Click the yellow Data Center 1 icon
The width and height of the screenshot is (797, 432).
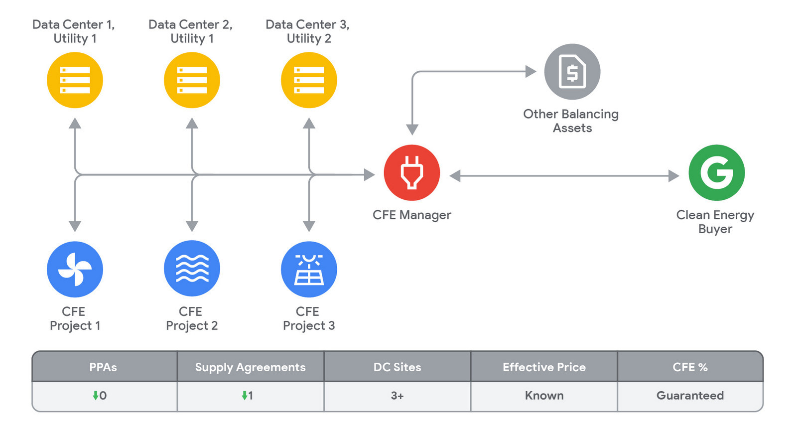point(75,80)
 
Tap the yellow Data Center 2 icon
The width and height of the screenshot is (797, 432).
point(192,80)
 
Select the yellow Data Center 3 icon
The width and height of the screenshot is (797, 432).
point(309,80)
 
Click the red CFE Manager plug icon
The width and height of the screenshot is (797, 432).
point(411,172)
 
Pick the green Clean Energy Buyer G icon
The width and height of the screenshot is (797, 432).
point(717,172)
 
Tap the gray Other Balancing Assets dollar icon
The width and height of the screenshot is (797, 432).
point(572,72)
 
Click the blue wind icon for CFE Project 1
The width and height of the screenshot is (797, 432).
point(75,270)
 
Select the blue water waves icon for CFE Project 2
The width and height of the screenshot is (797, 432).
point(192,268)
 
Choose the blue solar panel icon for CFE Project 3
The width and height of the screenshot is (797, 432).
point(309,270)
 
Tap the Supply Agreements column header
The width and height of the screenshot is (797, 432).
point(251,367)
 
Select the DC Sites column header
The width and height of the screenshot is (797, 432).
point(398,367)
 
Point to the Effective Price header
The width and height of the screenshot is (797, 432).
point(544,367)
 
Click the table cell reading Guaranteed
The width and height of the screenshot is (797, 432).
point(690,396)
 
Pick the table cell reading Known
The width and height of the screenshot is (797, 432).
point(544,396)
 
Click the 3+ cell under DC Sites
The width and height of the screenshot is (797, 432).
point(398,396)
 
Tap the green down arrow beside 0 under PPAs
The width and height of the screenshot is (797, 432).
point(95,395)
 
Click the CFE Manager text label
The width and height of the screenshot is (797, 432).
point(411,215)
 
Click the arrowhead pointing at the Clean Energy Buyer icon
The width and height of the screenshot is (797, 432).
point(674,176)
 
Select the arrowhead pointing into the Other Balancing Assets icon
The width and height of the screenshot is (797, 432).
point(531,71)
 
